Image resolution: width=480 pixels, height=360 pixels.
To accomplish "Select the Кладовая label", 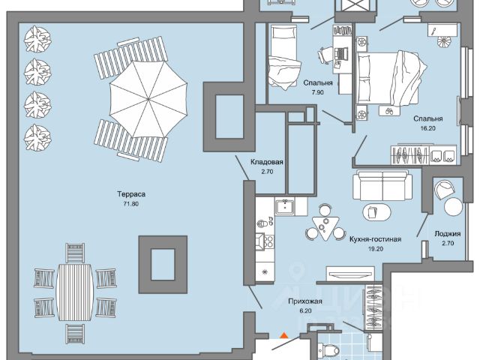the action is click(x=267, y=162).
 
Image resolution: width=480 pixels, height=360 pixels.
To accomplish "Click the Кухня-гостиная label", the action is click(x=376, y=239).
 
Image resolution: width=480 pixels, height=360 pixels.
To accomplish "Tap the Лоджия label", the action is click(x=448, y=234).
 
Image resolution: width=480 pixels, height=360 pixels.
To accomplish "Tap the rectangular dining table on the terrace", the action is click(x=75, y=285).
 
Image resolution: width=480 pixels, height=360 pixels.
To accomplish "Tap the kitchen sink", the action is click(x=283, y=206).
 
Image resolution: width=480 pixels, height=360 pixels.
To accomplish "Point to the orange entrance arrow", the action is click(x=283, y=337).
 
